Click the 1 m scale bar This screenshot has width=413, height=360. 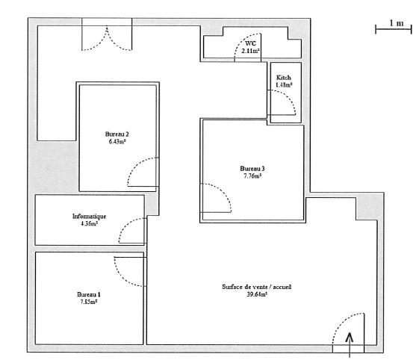tap(394, 29)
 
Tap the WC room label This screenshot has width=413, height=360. tap(250, 43)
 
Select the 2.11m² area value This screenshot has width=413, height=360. tap(250, 51)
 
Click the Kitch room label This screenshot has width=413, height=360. tap(284, 78)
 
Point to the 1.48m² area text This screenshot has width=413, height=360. tap(284, 85)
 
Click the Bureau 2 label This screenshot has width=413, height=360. tap(117, 134)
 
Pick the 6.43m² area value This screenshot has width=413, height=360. tap(117, 141)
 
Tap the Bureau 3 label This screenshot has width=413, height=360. tap(252, 169)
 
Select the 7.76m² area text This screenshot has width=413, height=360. tap(252, 176)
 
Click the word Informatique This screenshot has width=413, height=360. tap(90, 216)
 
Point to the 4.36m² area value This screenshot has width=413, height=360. tap(90, 223)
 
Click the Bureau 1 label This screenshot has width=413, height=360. tap(89, 294)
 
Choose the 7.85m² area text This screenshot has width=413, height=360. tap(89, 302)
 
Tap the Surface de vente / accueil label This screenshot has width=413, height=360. tap(257, 287)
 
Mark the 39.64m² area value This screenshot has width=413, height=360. tap(257, 294)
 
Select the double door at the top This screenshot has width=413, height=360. tap(107, 38)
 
